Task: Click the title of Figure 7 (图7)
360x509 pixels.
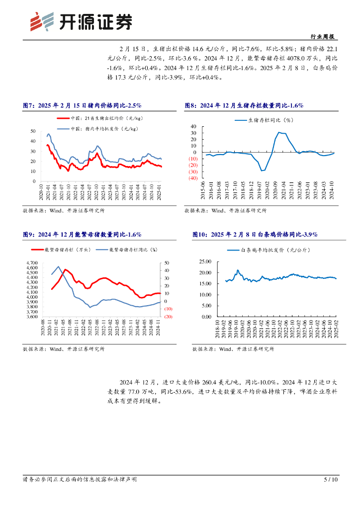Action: point(83,105)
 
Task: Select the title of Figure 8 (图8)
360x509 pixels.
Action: point(244,105)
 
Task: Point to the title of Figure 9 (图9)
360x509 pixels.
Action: point(83,234)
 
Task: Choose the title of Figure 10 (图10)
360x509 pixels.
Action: point(255,234)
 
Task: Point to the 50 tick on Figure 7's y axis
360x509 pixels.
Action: point(33,131)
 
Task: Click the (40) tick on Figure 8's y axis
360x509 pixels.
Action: point(193,177)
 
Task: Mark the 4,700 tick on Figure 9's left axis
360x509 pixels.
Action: point(31,262)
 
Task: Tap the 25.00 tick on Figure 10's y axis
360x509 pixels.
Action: point(205,261)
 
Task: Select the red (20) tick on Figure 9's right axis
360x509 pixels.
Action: point(168,317)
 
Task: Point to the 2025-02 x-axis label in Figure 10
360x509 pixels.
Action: point(336,329)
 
